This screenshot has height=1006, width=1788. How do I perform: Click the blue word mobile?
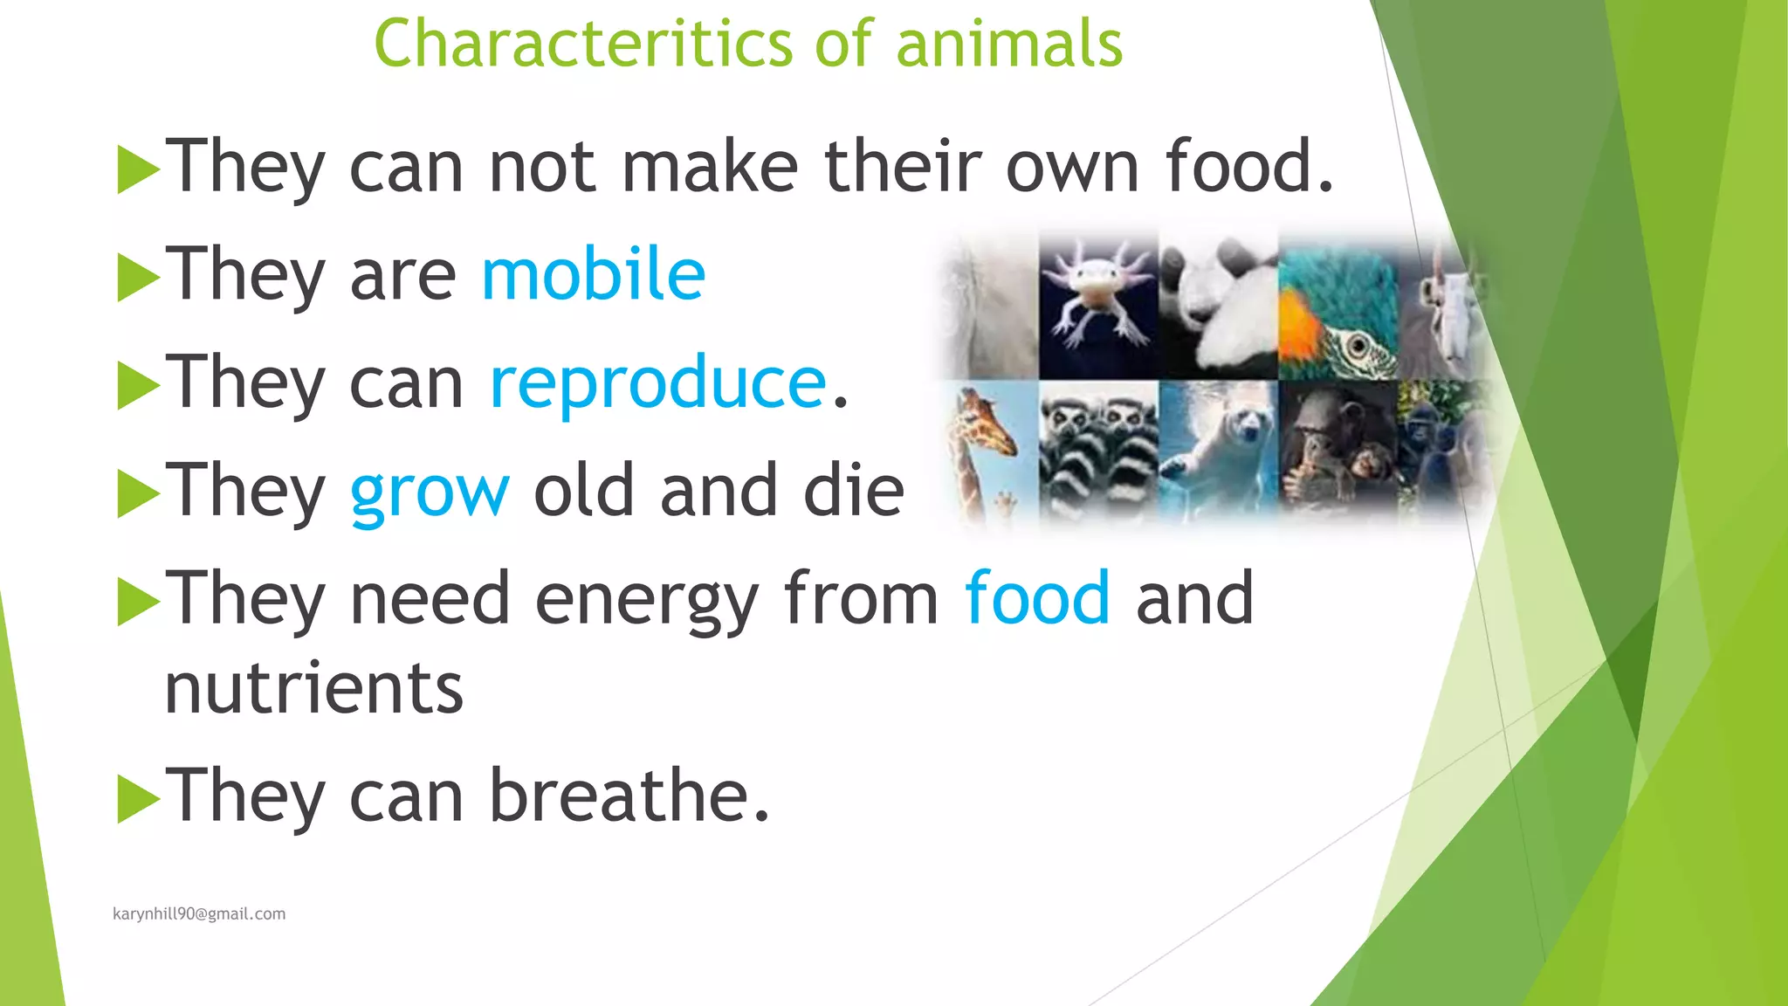[x=593, y=274]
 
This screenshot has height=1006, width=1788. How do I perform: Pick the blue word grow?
[x=429, y=491]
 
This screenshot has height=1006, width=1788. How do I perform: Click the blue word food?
[x=1037, y=599]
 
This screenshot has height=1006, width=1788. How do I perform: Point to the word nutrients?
[x=313, y=689]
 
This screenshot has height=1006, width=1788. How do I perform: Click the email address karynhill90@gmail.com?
[x=199, y=913]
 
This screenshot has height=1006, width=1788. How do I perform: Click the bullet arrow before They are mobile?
[x=137, y=277]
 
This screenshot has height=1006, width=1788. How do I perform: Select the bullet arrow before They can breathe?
[x=137, y=798]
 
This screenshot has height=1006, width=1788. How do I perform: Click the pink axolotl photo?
[x=1097, y=301]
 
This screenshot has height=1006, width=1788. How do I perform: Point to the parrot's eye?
[x=1358, y=348]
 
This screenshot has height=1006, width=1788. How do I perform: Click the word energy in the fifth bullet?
[x=646, y=601]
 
